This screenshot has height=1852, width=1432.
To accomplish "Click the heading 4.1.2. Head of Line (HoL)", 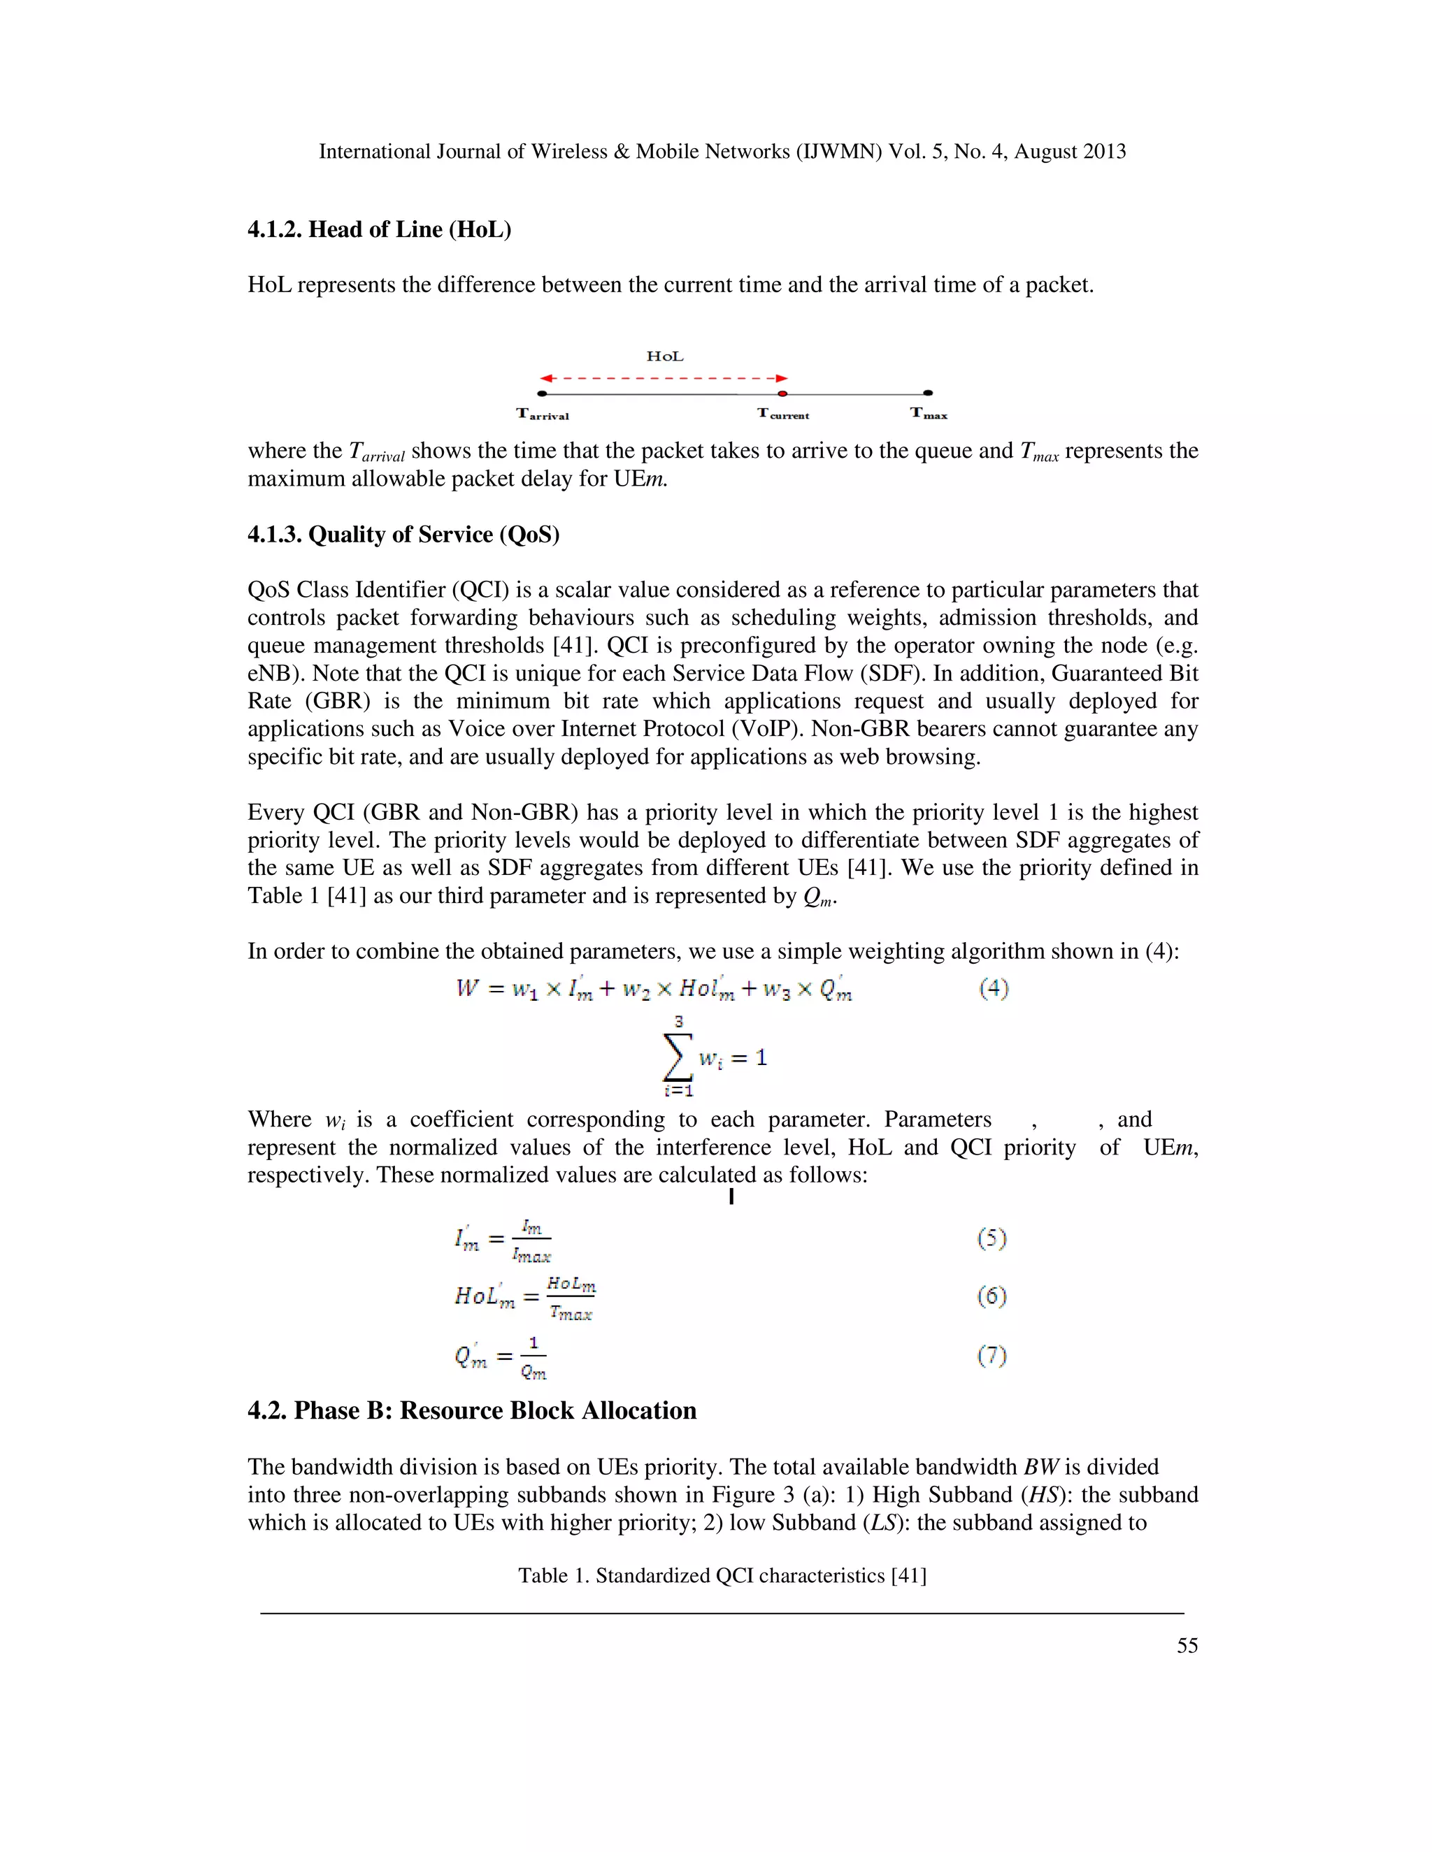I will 379,230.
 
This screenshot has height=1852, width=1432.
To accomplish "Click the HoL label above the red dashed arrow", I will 664,357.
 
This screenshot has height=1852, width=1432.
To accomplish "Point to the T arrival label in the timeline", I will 543,414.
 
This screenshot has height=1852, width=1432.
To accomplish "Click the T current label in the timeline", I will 783,414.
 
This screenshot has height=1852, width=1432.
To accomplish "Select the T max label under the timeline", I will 929,414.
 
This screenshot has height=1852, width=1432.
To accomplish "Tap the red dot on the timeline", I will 783,393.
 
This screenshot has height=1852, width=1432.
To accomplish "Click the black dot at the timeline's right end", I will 928,393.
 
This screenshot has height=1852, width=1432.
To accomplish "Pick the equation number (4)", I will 994,989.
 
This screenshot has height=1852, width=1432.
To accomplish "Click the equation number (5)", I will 991,1240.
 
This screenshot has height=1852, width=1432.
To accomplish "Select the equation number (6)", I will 991,1296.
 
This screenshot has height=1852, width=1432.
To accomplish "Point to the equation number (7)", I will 991,1356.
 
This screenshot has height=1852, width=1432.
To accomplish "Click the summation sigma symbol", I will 678,1057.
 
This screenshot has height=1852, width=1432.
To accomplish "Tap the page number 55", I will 1187,1646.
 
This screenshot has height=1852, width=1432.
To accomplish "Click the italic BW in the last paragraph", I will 1040,1468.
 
